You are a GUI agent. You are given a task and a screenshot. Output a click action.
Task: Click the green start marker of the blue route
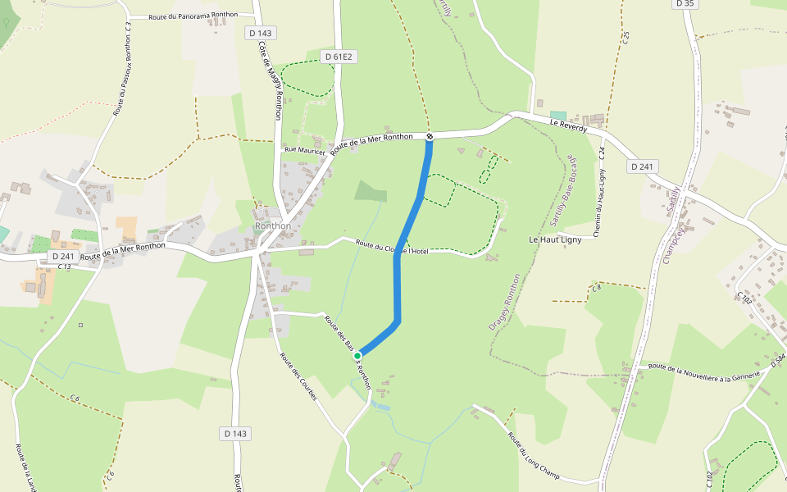[357, 356]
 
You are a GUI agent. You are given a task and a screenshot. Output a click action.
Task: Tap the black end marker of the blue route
[429, 136]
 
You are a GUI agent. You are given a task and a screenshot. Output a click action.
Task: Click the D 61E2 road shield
[337, 57]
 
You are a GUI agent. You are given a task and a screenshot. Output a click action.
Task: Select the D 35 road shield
[685, 4]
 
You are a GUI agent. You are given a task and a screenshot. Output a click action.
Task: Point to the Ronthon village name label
[273, 225]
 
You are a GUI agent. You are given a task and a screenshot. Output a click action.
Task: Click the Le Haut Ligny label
[556, 239]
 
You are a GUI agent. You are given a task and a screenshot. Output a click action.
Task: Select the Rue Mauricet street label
[304, 150]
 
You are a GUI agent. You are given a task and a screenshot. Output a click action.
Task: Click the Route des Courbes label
[298, 376]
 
